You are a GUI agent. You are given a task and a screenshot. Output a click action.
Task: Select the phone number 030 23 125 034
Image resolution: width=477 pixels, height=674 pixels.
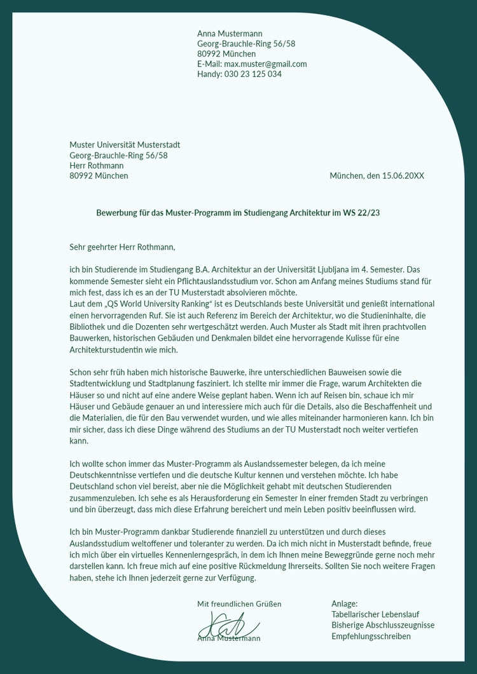[252, 74]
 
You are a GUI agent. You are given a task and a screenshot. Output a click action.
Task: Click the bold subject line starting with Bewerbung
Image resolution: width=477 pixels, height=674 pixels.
[238, 213]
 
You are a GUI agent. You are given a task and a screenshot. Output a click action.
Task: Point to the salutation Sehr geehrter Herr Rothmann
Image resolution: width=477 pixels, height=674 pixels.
[122, 246]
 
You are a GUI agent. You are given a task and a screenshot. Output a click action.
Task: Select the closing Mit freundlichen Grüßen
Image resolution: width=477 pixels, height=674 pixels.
[239, 603]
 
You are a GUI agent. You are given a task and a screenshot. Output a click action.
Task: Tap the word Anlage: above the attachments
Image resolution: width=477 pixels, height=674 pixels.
[344, 603]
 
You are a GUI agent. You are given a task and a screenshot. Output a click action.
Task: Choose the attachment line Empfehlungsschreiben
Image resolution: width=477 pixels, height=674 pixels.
[371, 637]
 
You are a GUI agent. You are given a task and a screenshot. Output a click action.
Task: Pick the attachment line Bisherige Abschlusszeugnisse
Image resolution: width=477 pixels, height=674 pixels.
[383, 626]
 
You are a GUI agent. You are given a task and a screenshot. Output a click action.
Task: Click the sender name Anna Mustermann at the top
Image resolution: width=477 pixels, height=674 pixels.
[230, 34]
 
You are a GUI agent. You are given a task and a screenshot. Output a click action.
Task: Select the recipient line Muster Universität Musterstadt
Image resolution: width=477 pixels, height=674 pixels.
[125, 145]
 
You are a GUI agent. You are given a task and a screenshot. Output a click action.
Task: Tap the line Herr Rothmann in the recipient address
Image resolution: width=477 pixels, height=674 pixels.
[97, 166]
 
